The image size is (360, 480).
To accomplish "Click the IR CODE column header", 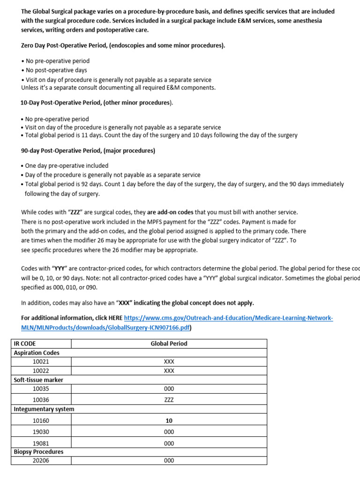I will click(25, 344).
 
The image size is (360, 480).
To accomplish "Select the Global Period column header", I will click(169, 344).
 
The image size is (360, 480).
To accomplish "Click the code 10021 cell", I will click(41, 362).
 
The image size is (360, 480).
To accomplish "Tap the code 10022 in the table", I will click(41, 371).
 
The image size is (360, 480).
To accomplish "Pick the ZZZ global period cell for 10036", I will click(169, 400).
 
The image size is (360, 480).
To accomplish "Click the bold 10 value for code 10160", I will click(169, 420).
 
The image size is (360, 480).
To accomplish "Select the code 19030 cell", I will click(41, 432).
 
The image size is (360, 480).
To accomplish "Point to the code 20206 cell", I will click(41, 460).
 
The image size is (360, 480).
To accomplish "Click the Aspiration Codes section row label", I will click(37, 352).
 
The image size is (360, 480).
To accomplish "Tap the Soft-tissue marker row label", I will click(38, 380).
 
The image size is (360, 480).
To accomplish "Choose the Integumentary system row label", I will click(44, 409).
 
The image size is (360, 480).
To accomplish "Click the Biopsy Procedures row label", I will click(38, 452).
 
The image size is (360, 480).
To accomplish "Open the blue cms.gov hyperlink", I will click(228, 318).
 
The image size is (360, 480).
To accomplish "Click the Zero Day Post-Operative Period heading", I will click(123, 45).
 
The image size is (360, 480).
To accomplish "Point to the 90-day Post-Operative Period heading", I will click(88, 151).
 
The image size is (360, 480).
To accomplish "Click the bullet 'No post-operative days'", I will click(56, 70).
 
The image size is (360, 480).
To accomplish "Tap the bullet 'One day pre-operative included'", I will click(66, 165).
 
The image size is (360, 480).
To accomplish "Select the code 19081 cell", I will click(41, 443).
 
